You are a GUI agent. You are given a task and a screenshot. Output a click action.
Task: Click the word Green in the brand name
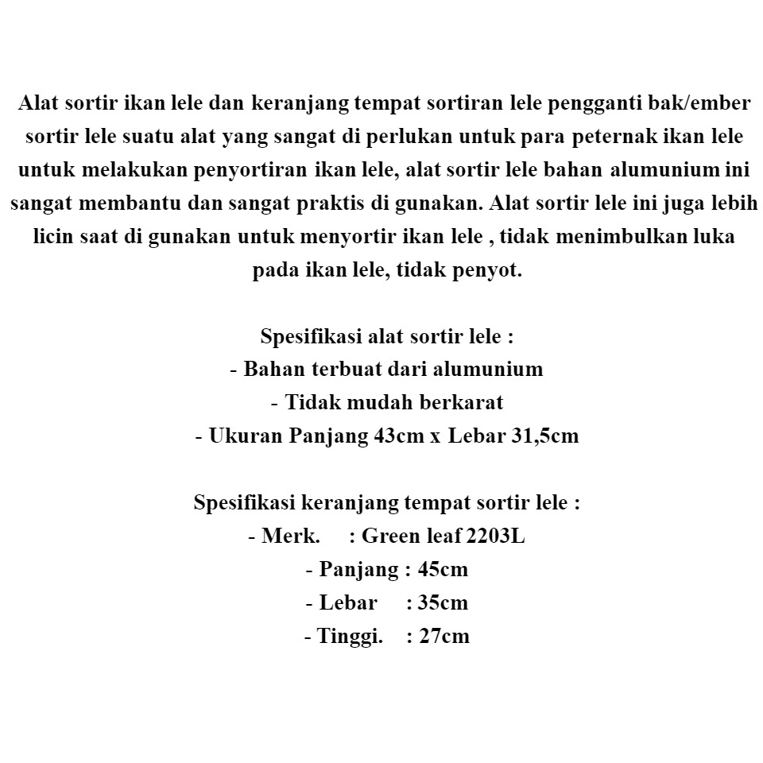tap(394, 536)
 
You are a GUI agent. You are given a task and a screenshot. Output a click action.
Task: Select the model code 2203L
tap(495, 536)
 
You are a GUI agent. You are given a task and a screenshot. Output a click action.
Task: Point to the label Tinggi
tap(349, 636)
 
